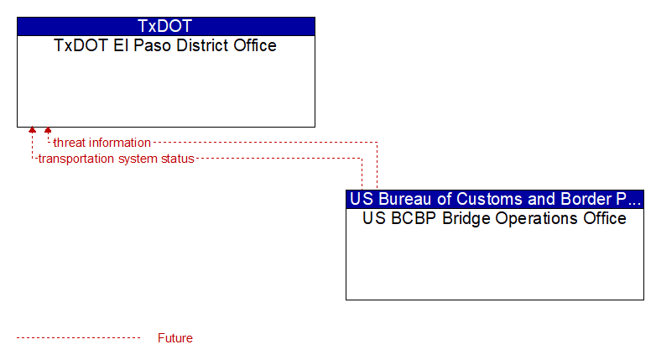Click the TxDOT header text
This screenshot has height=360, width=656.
tap(164, 26)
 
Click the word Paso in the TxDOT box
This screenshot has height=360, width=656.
tap(153, 45)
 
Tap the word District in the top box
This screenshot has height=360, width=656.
tap(202, 45)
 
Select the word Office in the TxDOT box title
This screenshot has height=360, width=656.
tap(255, 45)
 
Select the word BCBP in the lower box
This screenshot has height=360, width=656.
tap(414, 218)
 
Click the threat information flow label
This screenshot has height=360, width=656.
tap(102, 143)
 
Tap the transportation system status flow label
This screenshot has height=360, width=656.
tap(116, 159)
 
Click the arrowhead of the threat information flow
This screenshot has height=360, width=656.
tap(48, 130)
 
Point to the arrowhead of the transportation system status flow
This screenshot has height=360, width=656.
tap(32, 130)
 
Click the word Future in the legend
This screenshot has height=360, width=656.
tap(175, 338)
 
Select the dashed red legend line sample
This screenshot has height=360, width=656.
tap(79, 338)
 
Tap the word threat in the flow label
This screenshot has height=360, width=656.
tap(68, 143)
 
